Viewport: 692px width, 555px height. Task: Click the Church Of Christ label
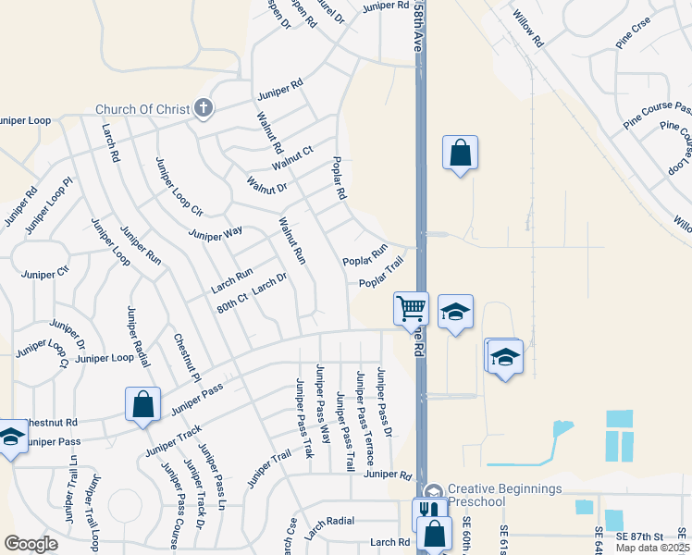[143, 109]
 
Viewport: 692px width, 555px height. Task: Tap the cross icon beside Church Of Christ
[204, 109]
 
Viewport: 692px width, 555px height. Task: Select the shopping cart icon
[410, 307]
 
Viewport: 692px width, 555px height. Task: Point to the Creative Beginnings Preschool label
[504, 495]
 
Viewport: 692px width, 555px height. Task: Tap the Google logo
[31, 544]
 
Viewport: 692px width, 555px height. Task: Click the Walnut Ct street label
[292, 158]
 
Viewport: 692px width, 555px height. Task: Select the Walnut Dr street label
[267, 183]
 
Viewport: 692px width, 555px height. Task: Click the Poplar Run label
[365, 256]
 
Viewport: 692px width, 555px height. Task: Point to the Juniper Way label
[215, 231]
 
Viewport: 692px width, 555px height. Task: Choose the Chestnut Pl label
[187, 358]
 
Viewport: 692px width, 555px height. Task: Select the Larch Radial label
[329, 526]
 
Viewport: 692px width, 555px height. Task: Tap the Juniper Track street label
[172, 442]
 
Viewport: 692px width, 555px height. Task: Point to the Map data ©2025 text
[653, 549]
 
